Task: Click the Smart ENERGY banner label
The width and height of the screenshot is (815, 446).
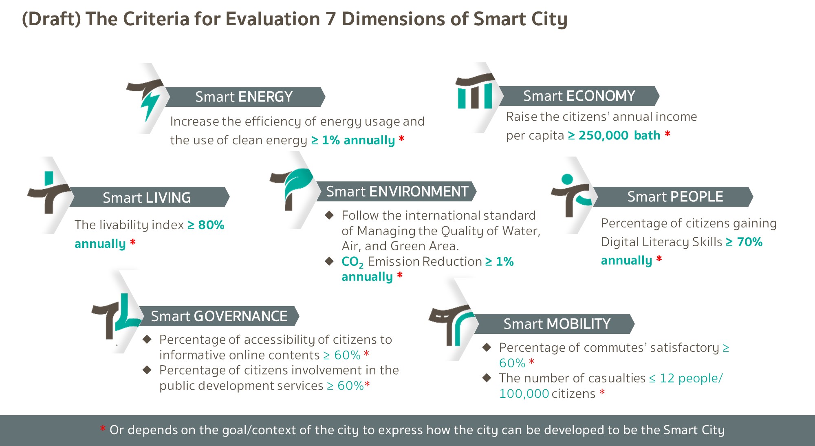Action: click(x=244, y=97)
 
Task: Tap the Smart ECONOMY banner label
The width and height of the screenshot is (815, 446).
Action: click(x=579, y=96)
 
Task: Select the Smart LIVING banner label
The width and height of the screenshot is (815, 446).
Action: click(x=147, y=198)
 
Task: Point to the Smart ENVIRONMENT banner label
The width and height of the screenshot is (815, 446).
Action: click(x=397, y=191)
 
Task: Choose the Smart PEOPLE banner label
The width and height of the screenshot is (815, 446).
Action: click(x=675, y=197)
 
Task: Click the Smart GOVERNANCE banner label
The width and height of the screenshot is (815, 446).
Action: click(x=219, y=316)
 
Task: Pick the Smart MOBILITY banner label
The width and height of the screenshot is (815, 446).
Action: click(x=557, y=324)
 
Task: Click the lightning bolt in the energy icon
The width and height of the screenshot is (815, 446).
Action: click(x=150, y=105)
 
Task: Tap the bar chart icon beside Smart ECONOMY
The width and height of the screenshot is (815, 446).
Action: click(x=475, y=91)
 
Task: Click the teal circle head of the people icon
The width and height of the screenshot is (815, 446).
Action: click(x=567, y=179)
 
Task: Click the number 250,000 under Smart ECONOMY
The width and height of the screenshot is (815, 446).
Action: click(x=604, y=135)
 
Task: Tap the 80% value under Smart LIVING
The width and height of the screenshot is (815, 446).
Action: click(x=211, y=225)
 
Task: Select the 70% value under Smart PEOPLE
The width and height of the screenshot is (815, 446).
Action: click(x=750, y=242)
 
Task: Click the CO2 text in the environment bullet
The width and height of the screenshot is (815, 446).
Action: click(x=352, y=262)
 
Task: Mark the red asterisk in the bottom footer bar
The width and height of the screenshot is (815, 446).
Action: click(x=103, y=429)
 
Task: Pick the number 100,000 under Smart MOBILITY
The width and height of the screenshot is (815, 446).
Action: click(x=524, y=394)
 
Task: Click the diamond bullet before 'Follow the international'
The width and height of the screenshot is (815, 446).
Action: click(x=329, y=215)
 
